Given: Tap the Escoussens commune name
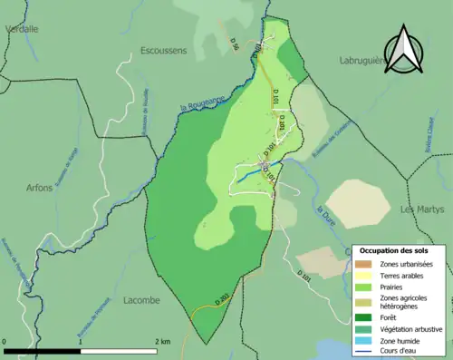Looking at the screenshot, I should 164,51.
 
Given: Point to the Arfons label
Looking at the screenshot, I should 40,188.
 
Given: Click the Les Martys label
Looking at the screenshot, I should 421,209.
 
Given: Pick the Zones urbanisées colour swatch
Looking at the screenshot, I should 366,263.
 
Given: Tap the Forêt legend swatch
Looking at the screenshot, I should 366,317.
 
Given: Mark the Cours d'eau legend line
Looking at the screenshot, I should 366,354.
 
